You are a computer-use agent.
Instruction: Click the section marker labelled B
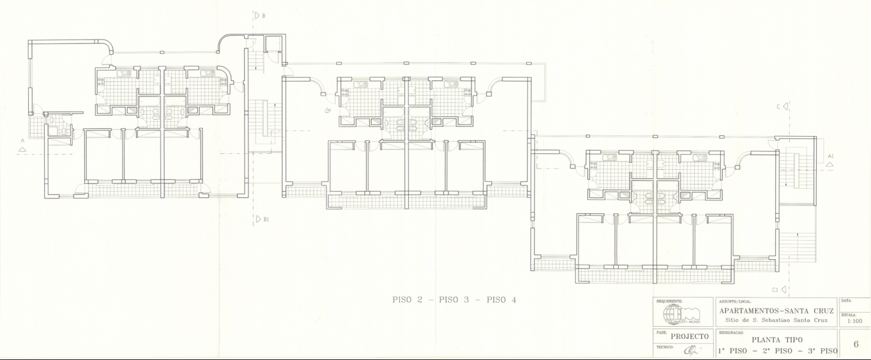click(x=257, y=15)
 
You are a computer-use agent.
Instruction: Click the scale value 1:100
click(x=854, y=321)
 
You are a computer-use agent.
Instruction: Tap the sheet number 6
click(x=856, y=344)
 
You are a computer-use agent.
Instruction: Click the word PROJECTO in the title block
click(x=689, y=336)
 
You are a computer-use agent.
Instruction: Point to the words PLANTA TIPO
click(x=776, y=340)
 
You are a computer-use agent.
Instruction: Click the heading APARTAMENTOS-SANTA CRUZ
click(x=776, y=310)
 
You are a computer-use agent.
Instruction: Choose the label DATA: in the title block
click(x=847, y=300)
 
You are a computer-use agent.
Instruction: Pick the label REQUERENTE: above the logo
click(x=669, y=301)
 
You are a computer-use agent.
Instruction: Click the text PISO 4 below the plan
click(x=501, y=300)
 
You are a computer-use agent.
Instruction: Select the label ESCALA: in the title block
click(x=849, y=314)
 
